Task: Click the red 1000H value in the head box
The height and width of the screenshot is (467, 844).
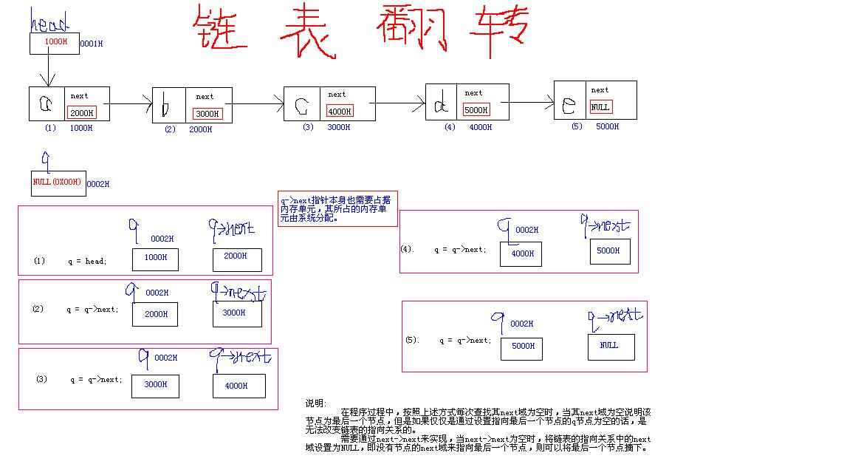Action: (56, 42)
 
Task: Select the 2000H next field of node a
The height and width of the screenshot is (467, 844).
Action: (81, 113)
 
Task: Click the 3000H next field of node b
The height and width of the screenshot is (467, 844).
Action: (207, 114)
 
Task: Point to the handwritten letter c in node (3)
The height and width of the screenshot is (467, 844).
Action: (301, 107)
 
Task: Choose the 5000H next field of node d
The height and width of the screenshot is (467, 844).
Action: (476, 110)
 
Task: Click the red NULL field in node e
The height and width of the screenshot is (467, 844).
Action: (601, 107)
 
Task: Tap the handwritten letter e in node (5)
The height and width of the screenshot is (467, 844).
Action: (569, 106)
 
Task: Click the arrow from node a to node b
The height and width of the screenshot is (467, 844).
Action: (131, 104)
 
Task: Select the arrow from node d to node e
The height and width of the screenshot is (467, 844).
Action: (532, 103)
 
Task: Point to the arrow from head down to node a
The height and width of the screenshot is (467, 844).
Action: (48, 70)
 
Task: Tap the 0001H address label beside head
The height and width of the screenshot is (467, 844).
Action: (91, 44)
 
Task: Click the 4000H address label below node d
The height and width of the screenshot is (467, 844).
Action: (480, 127)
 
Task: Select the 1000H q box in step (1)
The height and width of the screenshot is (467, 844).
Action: (155, 259)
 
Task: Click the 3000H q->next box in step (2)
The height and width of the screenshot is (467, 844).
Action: (236, 313)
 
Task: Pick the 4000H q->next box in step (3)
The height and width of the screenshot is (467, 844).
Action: (236, 386)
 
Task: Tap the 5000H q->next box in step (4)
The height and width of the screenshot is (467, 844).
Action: (609, 251)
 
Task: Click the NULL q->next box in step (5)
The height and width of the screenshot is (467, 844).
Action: (610, 347)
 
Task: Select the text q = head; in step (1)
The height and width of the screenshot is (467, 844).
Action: (87, 261)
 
